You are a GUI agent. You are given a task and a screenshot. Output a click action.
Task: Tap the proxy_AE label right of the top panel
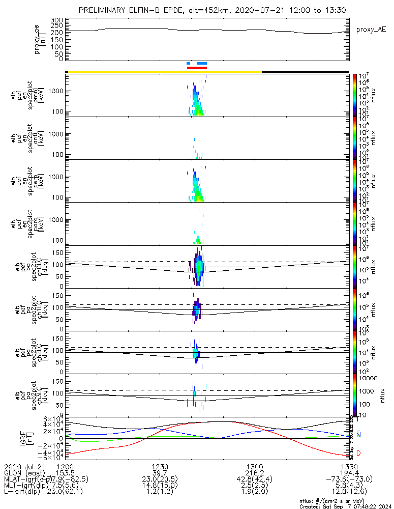pyautogui.click(x=371, y=30)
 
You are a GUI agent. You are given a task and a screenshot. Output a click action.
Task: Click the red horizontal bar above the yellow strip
pyautogui.click(x=197, y=68)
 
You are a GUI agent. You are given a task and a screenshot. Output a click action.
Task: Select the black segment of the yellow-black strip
pyautogui.click(x=305, y=72)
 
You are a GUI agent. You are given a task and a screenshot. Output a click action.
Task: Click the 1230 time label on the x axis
pyautogui.click(x=160, y=466)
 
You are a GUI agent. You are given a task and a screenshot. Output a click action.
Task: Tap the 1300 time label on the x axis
pyautogui.click(x=254, y=466)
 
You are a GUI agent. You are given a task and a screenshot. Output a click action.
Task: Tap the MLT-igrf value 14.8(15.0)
pyautogui.click(x=160, y=485)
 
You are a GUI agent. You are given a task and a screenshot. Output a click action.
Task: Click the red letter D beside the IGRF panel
pyautogui.click(x=359, y=453)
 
